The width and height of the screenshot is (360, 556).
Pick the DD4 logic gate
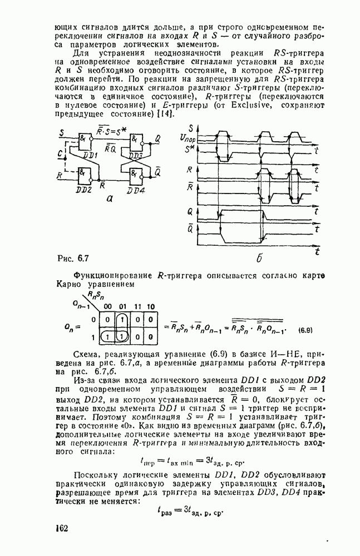tap(136, 177)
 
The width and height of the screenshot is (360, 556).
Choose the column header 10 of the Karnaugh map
tap(150, 306)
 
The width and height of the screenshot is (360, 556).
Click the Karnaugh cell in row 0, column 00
tap(108, 320)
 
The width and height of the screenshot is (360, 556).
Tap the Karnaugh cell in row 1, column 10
tap(150, 337)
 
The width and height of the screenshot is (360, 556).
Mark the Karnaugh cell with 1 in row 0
tap(122, 320)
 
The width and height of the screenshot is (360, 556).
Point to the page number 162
tap(61, 527)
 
